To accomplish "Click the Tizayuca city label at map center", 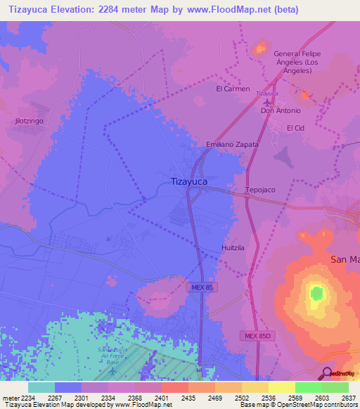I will tap(189, 181).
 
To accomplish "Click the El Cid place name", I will tap(295, 129).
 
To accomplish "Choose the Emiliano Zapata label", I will tap(232, 144).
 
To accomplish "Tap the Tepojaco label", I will tap(259, 190).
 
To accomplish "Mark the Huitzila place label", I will tap(232, 248).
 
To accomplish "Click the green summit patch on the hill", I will tap(317, 292).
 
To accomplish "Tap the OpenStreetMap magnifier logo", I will tap(326, 372).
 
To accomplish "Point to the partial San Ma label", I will tap(345, 259).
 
